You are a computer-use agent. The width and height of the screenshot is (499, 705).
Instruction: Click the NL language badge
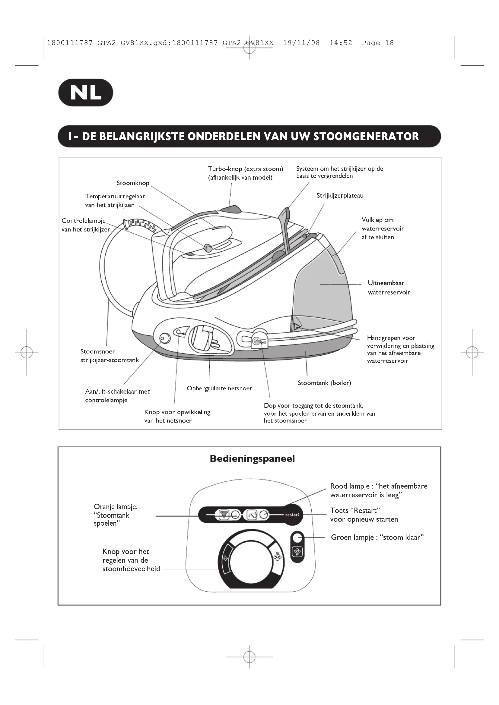(86, 93)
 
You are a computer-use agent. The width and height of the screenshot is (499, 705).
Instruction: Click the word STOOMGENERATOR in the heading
(366, 136)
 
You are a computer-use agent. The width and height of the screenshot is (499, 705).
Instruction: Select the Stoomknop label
(133, 183)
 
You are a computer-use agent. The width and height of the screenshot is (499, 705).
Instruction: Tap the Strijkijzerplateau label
(340, 196)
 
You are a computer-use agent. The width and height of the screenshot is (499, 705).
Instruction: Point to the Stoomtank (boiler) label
(324, 383)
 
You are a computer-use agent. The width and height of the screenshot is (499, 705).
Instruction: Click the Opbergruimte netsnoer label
(219, 389)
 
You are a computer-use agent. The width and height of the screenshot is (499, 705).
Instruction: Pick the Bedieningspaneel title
(252, 459)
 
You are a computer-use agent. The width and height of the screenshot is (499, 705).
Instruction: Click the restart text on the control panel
(292, 515)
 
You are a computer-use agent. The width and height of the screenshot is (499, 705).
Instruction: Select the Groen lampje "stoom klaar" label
(377, 537)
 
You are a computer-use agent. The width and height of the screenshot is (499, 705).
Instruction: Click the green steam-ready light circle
(297, 538)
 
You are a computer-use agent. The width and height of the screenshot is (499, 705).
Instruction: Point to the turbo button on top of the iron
(231, 209)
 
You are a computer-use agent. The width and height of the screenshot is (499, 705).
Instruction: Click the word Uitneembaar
(386, 283)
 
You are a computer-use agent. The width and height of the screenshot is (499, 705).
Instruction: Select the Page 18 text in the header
(378, 43)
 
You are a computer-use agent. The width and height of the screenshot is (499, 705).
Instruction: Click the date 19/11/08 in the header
(301, 43)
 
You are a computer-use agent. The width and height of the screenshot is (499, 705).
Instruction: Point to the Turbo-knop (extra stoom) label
(246, 169)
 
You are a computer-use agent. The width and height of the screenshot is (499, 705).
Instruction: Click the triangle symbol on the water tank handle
(297, 326)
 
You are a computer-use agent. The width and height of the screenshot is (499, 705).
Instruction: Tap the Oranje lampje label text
(116, 507)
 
